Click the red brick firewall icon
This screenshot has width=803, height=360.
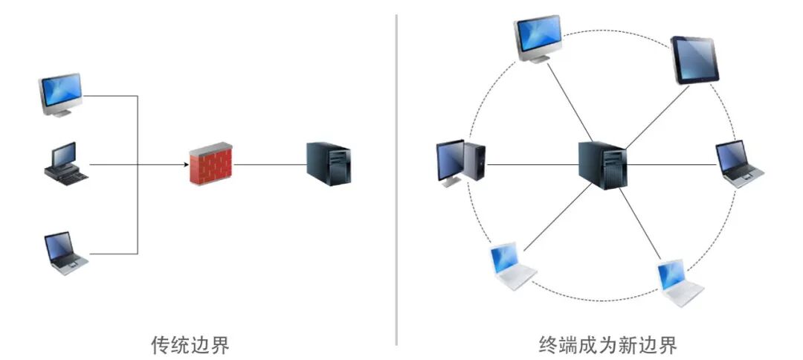tap(211, 164)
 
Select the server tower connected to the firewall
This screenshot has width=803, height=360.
tap(328, 164)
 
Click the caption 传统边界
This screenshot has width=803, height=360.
tap(189, 344)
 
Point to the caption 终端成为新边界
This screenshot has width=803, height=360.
tap(607, 344)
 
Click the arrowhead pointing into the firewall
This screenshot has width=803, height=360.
tap(183, 164)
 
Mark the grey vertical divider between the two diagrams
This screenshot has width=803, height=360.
tap(396, 179)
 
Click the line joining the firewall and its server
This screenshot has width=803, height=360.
tap(270, 164)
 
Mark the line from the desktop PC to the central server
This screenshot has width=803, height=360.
tap(532, 164)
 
